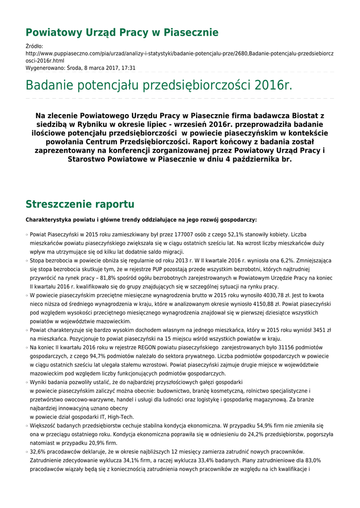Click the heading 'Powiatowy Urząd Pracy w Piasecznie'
point(122,33)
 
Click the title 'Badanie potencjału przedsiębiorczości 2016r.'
point(159,85)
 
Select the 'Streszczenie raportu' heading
point(79,204)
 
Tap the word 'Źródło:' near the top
point(34,46)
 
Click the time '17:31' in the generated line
point(128,68)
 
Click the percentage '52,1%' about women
point(236,234)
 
